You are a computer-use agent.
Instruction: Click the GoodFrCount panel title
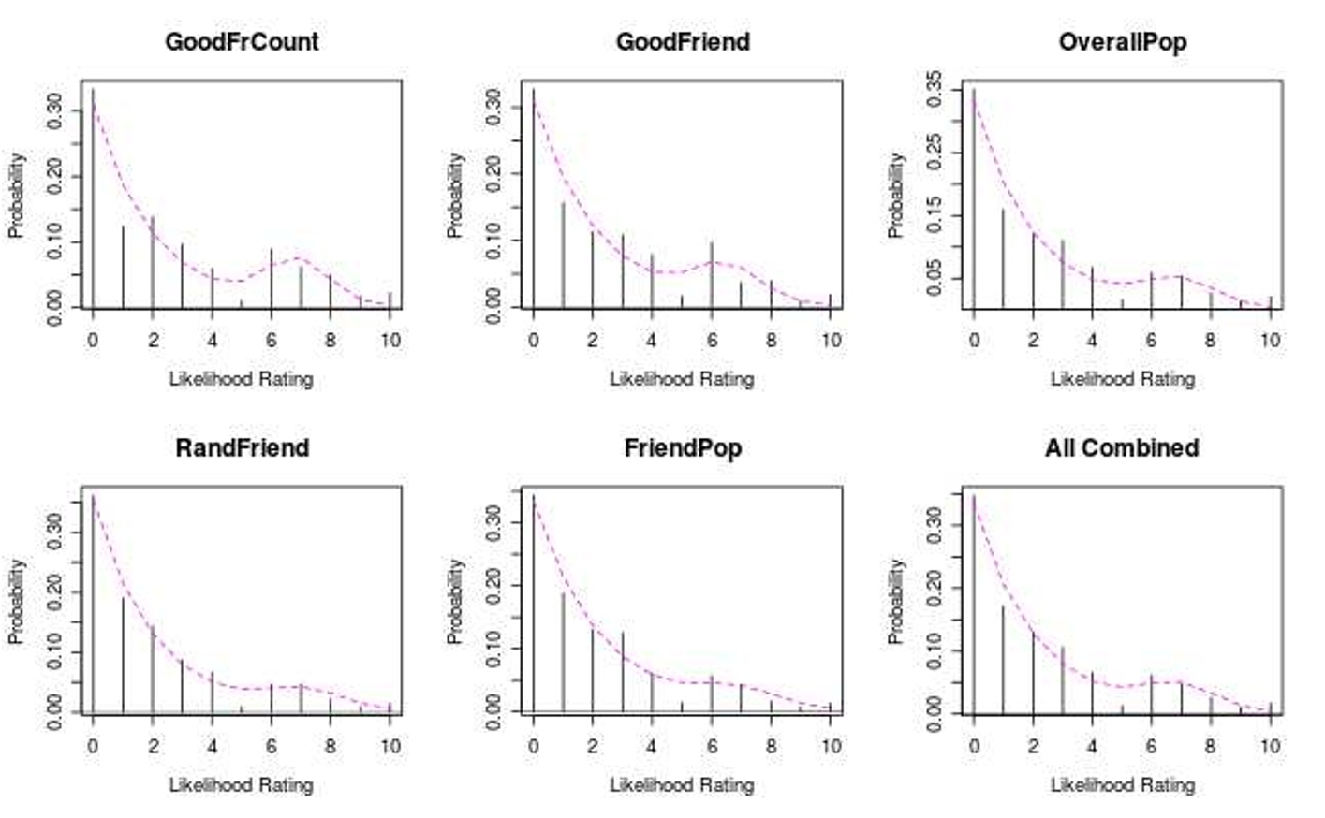[242, 42]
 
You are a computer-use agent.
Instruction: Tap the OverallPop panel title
[1122, 42]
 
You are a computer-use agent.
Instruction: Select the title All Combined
[1122, 448]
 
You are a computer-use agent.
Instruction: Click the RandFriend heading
[242, 448]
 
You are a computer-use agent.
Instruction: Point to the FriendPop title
[683, 448]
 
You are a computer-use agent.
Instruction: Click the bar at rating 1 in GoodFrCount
[123, 267]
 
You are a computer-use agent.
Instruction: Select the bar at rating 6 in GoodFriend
[712, 274]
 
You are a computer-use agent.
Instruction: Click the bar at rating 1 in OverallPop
[1003, 258]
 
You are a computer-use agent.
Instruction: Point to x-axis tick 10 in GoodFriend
[831, 341]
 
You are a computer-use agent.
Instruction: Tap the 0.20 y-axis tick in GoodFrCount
[54, 175]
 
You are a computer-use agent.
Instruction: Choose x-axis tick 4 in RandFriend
[212, 747]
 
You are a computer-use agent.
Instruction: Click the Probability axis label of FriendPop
[455, 601]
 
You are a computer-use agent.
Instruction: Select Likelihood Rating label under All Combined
[1122, 785]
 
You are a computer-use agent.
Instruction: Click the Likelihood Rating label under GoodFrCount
[241, 379]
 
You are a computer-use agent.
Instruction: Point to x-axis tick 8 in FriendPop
[771, 747]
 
